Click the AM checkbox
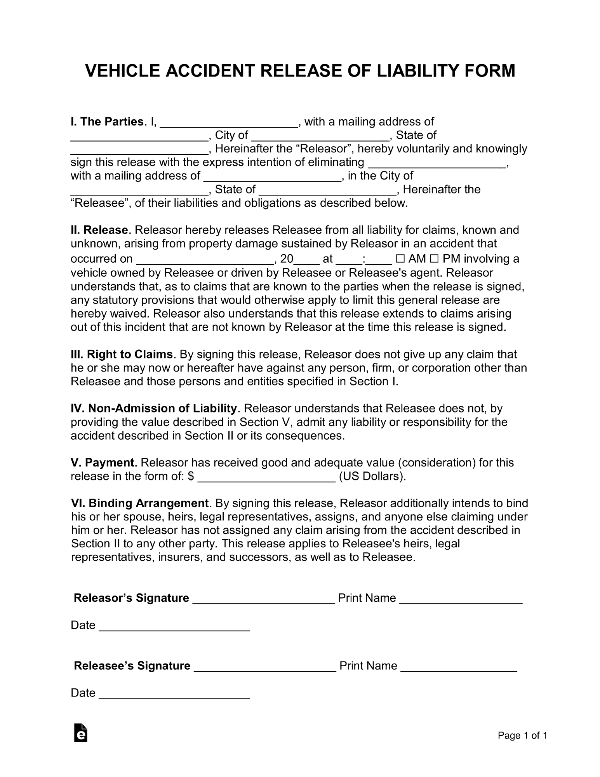[x=400, y=259]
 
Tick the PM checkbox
[x=435, y=259]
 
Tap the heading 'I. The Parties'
[x=107, y=122]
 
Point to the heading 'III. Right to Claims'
[x=122, y=354]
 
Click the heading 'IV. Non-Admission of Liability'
[x=154, y=409]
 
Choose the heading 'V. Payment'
[x=103, y=463]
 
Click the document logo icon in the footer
[x=80, y=733]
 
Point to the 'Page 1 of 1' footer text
[x=522, y=735]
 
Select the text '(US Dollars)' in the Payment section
[x=372, y=477]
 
